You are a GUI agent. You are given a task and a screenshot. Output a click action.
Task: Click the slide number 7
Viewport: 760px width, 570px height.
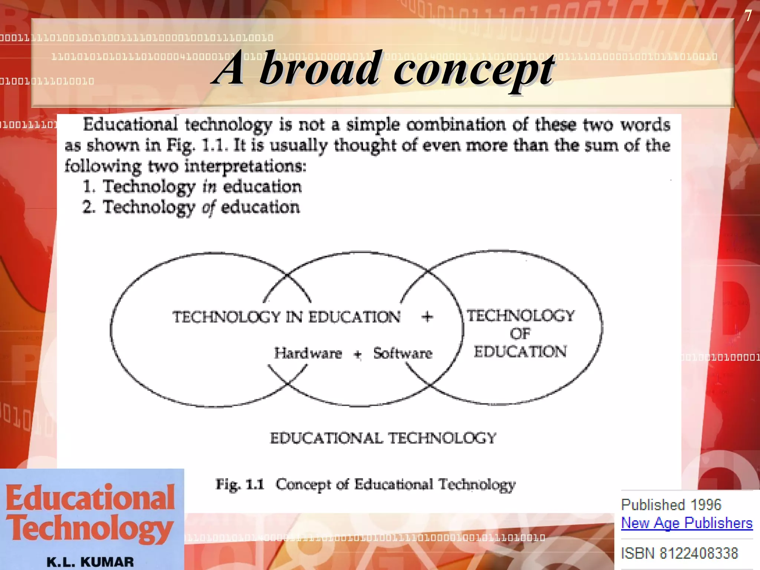pos(748,16)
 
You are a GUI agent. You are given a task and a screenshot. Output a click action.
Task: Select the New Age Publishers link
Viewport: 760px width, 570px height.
pos(687,523)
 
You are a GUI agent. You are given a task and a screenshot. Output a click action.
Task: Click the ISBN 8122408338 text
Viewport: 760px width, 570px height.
pos(679,553)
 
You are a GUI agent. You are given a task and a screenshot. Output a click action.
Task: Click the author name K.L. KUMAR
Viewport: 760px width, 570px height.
pos(90,562)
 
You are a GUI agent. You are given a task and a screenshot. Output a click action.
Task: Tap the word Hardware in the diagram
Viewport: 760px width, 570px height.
pos(308,353)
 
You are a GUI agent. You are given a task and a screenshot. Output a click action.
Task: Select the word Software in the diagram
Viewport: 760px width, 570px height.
pos(403,353)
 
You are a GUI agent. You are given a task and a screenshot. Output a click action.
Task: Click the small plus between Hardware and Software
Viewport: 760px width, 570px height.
pos(358,354)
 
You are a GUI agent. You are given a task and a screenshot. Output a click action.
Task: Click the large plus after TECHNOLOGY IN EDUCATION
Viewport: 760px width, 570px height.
pos(427,317)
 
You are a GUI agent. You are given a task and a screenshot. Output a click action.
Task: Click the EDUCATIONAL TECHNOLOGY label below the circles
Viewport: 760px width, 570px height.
pos(383,438)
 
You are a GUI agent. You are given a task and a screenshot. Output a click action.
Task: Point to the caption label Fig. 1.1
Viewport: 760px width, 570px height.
pos(240,484)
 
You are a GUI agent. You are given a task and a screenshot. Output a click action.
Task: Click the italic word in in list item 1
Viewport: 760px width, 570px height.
pos(209,187)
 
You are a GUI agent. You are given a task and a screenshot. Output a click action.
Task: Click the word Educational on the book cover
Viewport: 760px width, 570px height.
pos(90,498)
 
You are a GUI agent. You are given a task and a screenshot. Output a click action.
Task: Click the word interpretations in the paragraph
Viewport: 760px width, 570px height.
pos(245,166)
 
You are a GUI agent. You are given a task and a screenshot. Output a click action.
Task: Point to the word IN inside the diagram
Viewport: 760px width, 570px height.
pos(294,317)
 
